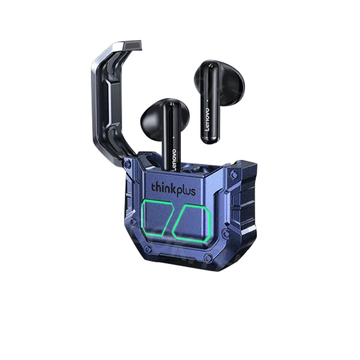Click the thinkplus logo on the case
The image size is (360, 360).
(x=173, y=189)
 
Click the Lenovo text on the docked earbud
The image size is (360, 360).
(x=174, y=160)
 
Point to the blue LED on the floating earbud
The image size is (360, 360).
(x=207, y=100)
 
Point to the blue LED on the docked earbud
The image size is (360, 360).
(x=174, y=137)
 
